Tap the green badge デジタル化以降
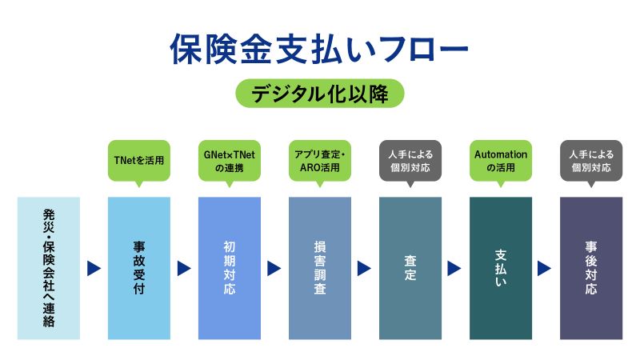[319, 94]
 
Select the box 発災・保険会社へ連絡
[49, 267]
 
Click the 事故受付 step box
[139, 267]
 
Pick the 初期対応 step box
[230, 267]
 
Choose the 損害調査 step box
[320, 267]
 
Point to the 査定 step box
[410, 267]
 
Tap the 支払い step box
[501, 267]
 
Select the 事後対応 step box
[591, 267]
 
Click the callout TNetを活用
[139, 160]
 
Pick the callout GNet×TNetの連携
[230, 160]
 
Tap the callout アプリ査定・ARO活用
[320, 160]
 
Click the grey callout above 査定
[410, 160]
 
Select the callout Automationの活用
[501, 160]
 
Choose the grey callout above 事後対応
[591, 160]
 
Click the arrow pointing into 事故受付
[94, 269]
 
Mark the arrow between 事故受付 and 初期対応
[184, 269]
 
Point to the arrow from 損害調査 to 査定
[365, 269]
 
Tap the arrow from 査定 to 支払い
[455, 269]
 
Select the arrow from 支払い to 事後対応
[546, 269]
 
